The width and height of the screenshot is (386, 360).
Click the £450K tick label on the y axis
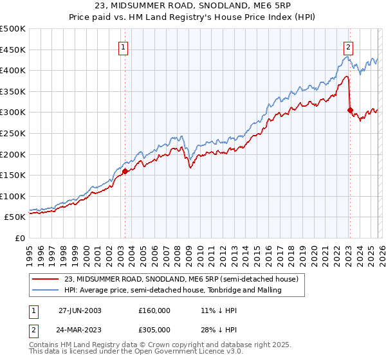13,50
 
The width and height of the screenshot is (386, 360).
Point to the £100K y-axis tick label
13,196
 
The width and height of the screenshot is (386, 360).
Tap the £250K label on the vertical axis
13,133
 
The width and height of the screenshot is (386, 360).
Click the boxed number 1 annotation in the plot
123,46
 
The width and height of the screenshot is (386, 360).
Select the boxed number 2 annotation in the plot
348,46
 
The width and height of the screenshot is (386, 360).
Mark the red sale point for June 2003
125,171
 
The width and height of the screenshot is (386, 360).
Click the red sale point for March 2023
349,110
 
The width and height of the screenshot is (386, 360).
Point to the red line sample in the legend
46,280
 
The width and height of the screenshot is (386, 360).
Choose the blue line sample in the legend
46,291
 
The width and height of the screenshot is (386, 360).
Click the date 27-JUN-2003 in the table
80,310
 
